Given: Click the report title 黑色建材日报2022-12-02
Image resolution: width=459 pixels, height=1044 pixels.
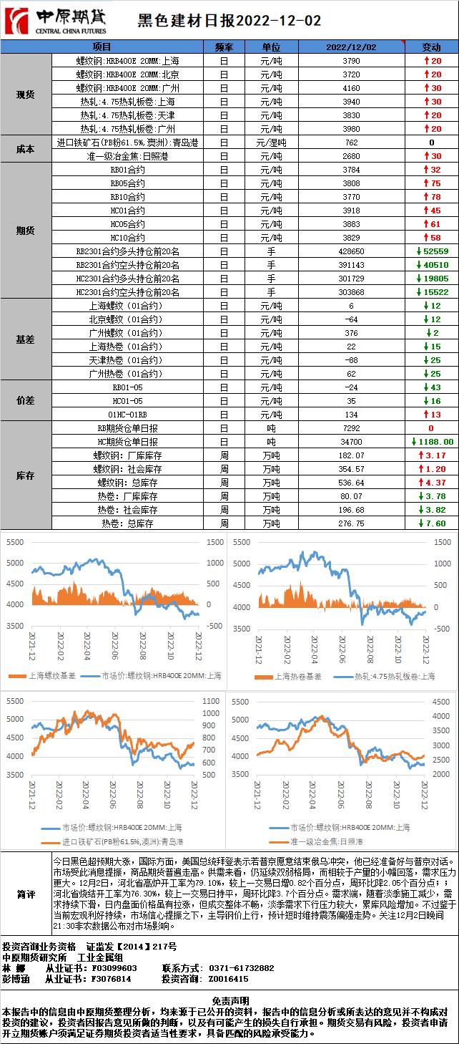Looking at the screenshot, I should (229, 21).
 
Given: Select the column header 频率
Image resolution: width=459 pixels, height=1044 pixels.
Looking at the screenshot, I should (224, 47).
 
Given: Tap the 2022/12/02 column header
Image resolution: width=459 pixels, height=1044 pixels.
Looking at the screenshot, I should (351, 47).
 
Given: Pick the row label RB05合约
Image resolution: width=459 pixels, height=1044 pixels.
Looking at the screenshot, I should (127, 183).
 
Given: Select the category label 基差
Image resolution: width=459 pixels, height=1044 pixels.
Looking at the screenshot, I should (26, 339).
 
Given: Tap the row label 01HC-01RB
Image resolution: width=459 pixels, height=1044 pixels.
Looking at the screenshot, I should (127, 415).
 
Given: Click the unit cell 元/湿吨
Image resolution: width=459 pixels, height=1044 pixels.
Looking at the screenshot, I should (271, 142).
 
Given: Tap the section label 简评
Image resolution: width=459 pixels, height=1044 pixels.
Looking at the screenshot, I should (26, 894).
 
